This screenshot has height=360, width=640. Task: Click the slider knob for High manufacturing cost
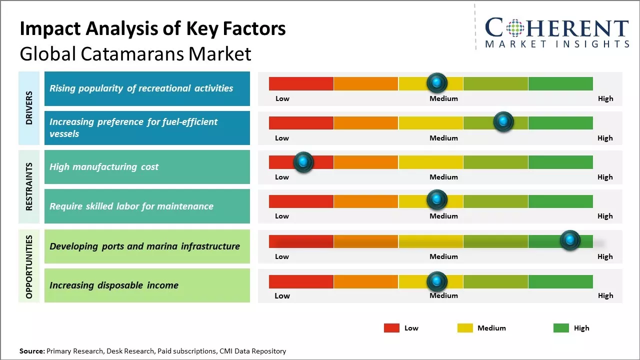point(303,162)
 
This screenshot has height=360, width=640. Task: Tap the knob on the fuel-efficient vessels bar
point(503,122)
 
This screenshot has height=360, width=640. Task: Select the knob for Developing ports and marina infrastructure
point(570,240)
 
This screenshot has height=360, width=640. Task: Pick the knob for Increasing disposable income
point(437,282)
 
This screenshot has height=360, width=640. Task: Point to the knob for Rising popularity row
point(437,82)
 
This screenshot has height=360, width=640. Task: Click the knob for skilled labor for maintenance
point(437,200)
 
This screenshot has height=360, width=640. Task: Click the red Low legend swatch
point(391,328)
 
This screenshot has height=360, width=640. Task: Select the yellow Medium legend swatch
point(465,328)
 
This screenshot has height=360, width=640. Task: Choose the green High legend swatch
point(561,328)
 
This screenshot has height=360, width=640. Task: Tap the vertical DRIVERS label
point(29,108)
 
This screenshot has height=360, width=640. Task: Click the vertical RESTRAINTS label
point(29,186)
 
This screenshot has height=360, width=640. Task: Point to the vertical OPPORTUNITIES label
point(29,266)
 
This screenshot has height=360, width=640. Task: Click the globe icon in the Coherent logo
point(515,28)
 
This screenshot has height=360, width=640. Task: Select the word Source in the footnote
point(31,351)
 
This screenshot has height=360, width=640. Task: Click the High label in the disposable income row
point(605,295)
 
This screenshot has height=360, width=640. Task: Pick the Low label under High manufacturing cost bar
point(282,177)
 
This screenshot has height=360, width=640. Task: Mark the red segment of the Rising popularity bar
point(301,83)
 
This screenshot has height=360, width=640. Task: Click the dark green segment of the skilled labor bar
point(560,201)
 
